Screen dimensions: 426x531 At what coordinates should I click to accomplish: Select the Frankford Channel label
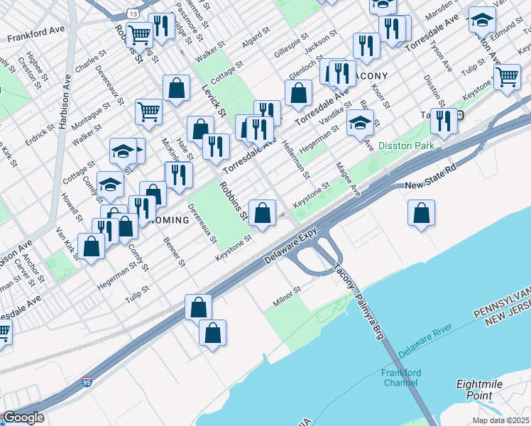pos(401,378)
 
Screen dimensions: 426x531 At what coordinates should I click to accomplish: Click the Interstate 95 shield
pos(87,382)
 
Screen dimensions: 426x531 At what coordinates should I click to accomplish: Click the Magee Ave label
pos(349,178)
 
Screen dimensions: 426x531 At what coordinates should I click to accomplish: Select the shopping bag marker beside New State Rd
pos(422,213)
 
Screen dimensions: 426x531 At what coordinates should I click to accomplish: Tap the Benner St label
pos(174,252)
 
